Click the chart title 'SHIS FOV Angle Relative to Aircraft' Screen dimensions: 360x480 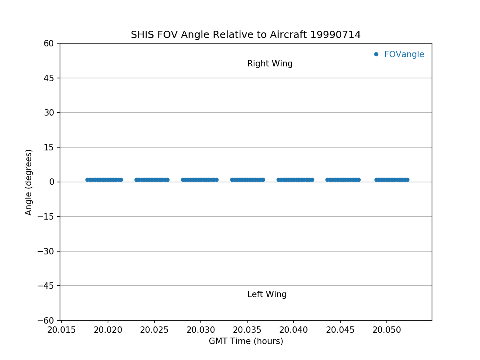click(x=246, y=35)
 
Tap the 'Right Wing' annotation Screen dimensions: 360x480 click(x=270, y=64)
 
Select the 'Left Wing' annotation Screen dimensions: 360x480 click(x=267, y=294)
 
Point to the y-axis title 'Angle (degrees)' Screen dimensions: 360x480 click(x=29, y=182)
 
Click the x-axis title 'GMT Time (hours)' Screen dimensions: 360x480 click(x=246, y=341)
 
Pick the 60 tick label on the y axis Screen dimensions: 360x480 click(x=49, y=43)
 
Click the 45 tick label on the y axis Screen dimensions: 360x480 click(x=49, y=78)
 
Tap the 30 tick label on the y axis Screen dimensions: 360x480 click(x=49, y=112)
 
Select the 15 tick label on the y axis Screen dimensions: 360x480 click(x=49, y=147)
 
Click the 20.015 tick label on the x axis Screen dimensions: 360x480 click(x=61, y=330)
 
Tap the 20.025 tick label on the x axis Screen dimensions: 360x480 click(x=154, y=330)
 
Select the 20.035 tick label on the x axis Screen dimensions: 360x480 click(x=247, y=330)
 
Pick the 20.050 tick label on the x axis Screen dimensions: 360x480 click(x=386, y=330)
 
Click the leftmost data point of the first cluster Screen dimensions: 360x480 click(x=87, y=180)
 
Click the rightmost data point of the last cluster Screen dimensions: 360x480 click(x=407, y=180)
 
